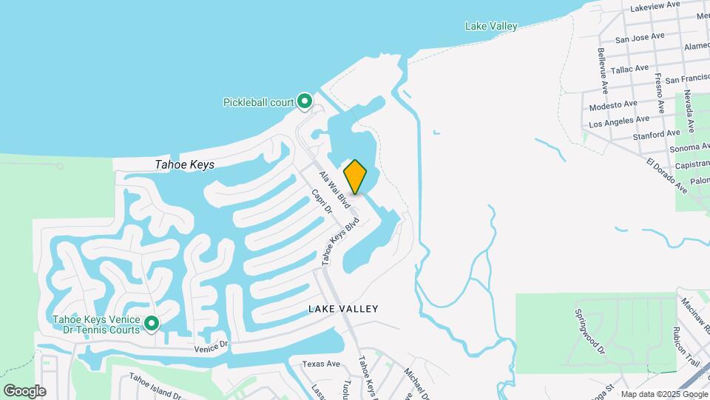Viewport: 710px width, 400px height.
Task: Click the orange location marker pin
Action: point(356,176)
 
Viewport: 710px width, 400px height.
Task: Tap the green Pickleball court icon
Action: point(305,101)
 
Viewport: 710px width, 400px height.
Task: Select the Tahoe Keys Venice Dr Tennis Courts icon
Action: point(152,324)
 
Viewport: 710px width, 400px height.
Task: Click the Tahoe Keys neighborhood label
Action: point(185,164)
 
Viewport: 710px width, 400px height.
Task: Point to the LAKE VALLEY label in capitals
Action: point(343,309)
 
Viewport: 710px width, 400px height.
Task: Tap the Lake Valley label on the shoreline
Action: point(491,26)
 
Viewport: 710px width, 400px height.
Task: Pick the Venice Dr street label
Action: point(212,345)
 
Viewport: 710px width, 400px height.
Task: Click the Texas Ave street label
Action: point(321,364)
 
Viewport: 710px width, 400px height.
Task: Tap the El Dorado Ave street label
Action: point(666,176)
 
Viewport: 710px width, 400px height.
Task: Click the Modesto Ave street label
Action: point(613,105)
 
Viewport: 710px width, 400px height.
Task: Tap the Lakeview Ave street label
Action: point(655,5)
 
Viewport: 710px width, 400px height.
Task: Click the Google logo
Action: point(24,390)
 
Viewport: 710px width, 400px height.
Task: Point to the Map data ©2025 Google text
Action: point(664,394)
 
